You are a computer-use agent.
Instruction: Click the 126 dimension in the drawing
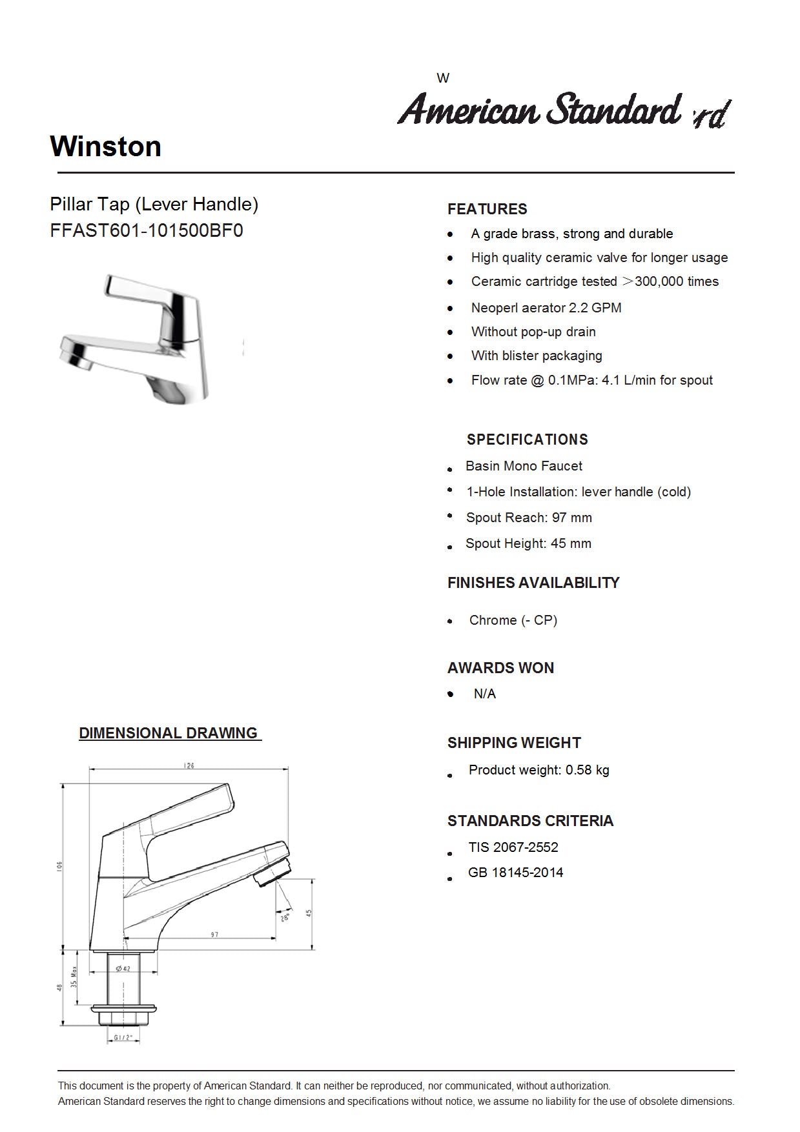click(189, 765)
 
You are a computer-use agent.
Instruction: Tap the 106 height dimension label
click(59, 865)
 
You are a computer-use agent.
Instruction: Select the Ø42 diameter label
click(123, 969)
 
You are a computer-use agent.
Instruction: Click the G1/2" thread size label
click(123, 1038)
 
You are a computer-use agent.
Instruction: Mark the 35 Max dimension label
click(74, 978)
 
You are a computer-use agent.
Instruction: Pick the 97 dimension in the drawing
click(214, 935)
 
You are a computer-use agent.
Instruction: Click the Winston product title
click(106, 147)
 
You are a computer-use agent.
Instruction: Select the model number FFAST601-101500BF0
click(147, 230)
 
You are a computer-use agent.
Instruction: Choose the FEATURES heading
click(487, 209)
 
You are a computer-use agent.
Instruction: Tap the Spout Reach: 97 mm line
click(529, 518)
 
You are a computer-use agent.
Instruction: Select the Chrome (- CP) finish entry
click(513, 620)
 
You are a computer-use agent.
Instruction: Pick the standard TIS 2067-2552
click(513, 847)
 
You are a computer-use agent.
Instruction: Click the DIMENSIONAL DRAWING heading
click(169, 733)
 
